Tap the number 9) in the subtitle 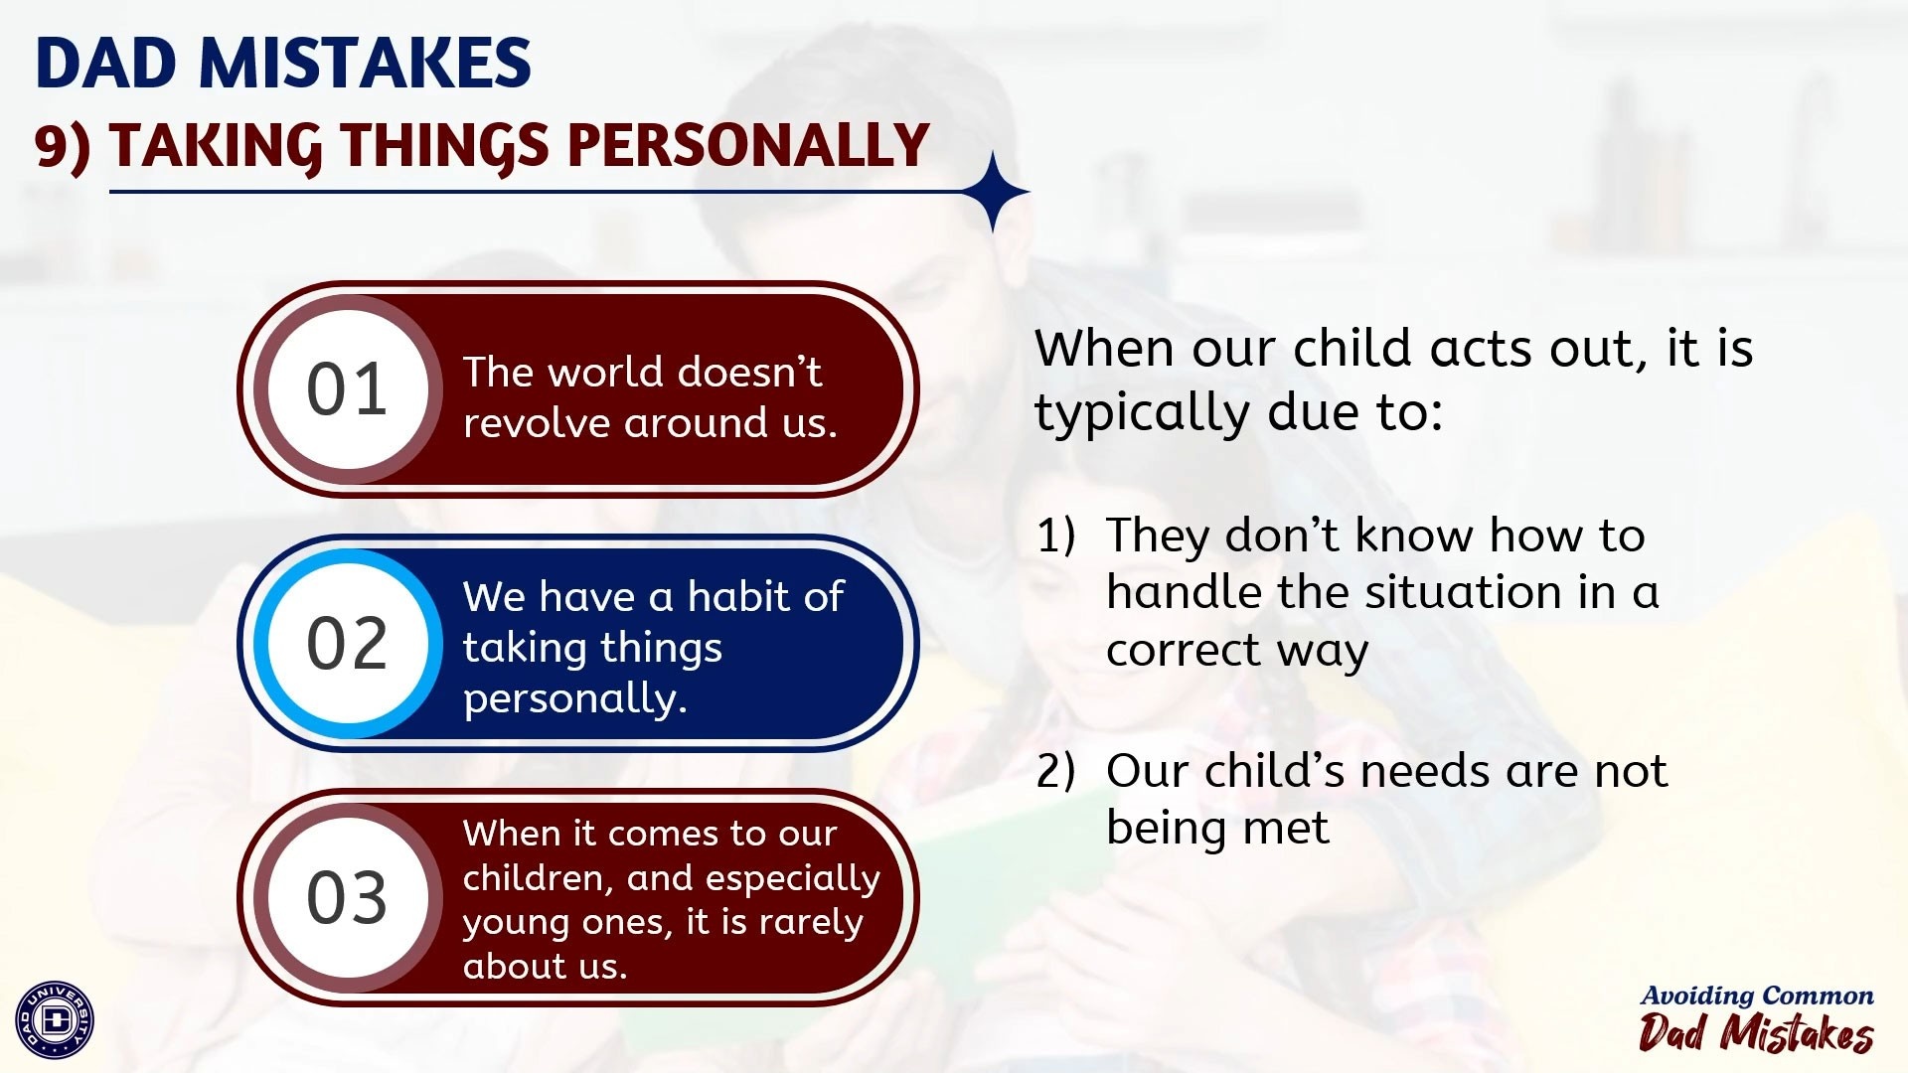pos(63,146)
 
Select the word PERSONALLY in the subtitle pos(748,145)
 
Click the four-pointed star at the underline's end pos(994,192)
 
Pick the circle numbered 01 pos(347,388)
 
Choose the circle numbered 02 pos(347,643)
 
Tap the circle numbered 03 pos(347,897)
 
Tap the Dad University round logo pos(56,1019)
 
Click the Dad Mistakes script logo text pos(1756,1032)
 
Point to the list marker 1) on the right pos(1056,536)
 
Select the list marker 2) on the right pos(1055,771)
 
